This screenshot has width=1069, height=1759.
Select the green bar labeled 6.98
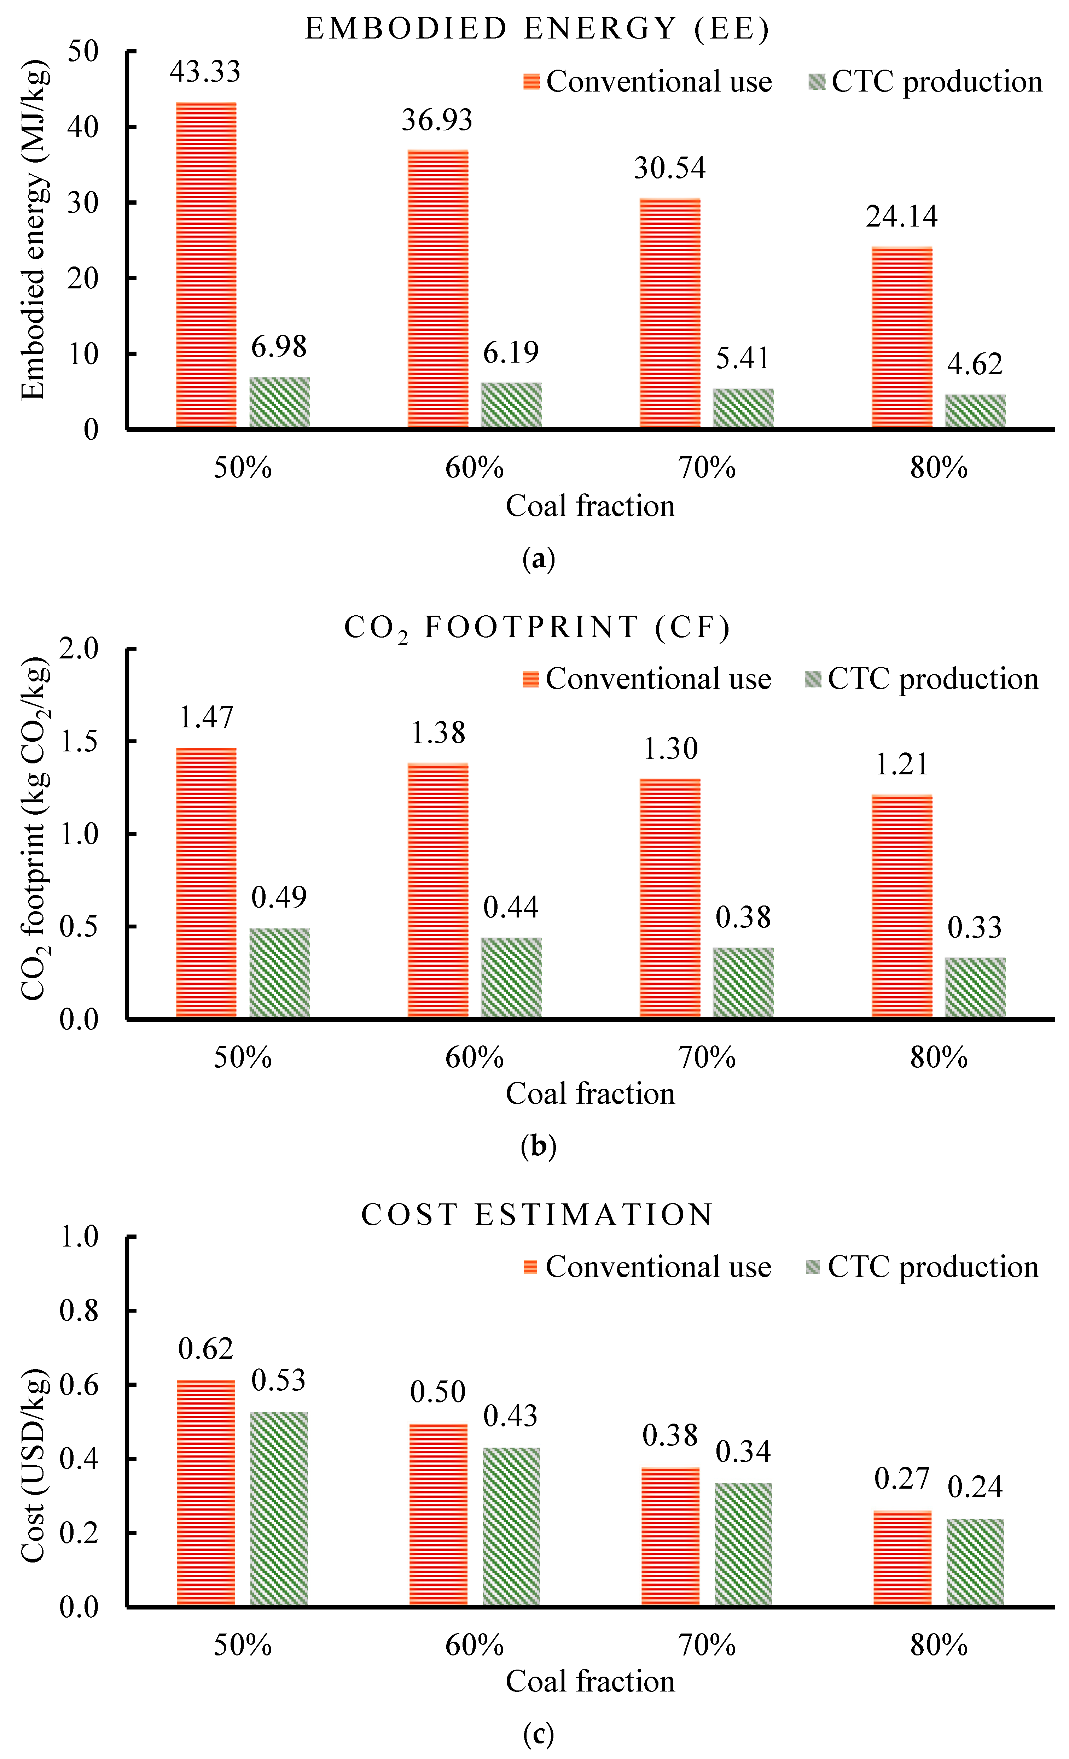(x=279, y=403)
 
